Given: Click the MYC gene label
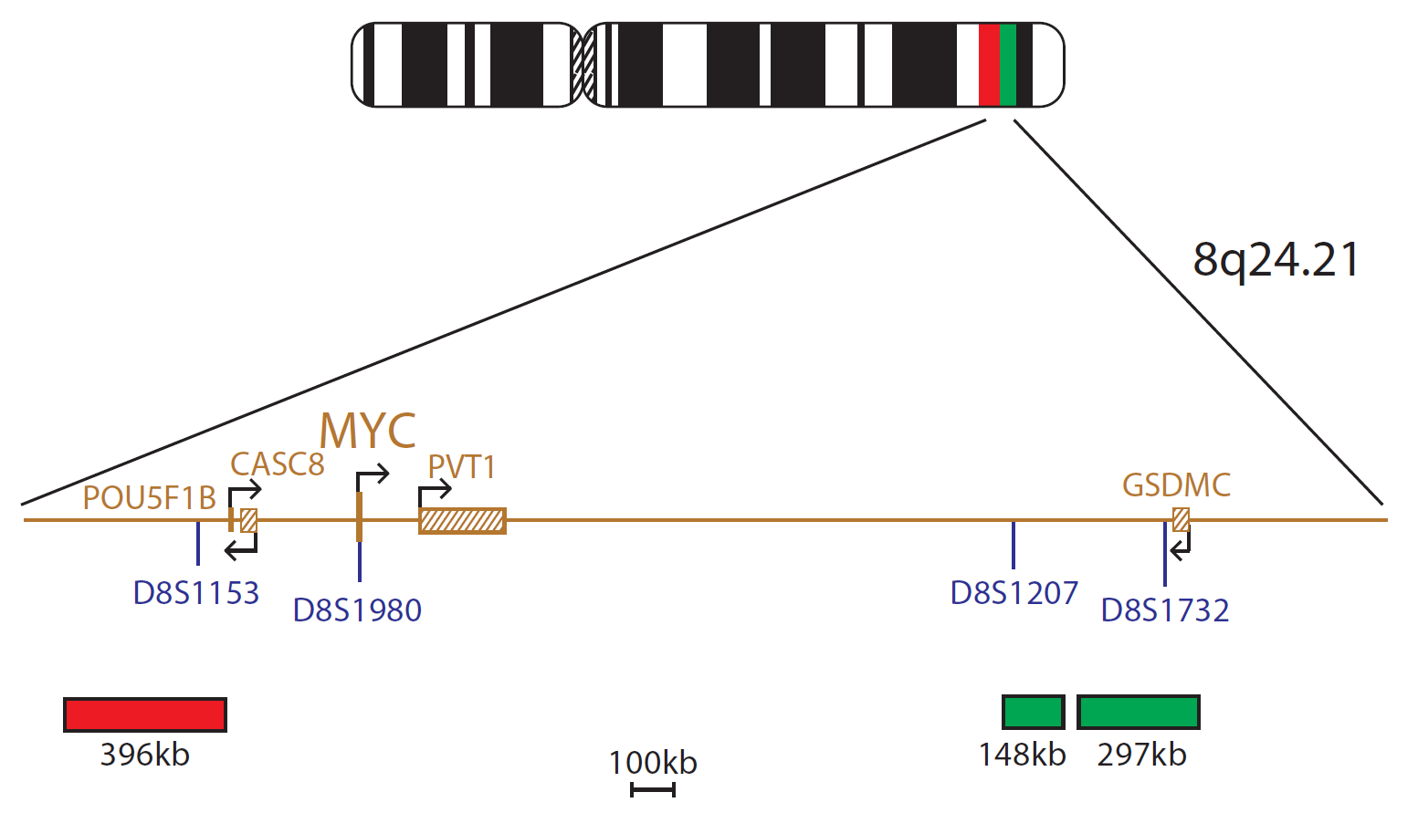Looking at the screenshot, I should tap(367, 431).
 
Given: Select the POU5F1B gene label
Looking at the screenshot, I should tap(149, 498).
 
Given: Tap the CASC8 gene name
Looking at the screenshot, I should tap(278, 464).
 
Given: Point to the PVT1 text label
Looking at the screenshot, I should tap(462, 467).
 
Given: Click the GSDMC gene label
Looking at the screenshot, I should tap(1176, 485).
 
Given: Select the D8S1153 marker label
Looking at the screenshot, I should tap(196, 593).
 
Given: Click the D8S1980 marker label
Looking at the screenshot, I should tap(357, 610).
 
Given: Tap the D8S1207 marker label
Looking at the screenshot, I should tap(1014, 593).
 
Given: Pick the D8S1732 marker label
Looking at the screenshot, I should tap(1165, 610).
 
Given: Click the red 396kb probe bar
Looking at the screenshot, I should tap(145, 714).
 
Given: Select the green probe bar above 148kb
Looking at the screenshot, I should tap(1033, 712).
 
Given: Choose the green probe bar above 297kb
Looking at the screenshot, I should tap(1138, 712).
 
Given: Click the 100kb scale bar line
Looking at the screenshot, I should tap(653, 789).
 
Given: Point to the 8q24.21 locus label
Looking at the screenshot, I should tap(1276, 260).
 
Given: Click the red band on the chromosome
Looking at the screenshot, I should tap(989, 65).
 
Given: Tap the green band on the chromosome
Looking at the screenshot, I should tap(1008, 65).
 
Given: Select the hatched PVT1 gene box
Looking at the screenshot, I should tap(462, 521).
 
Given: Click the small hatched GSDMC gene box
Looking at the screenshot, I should tap(1181, 520).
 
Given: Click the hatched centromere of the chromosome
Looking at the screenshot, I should tap(583, 65).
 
